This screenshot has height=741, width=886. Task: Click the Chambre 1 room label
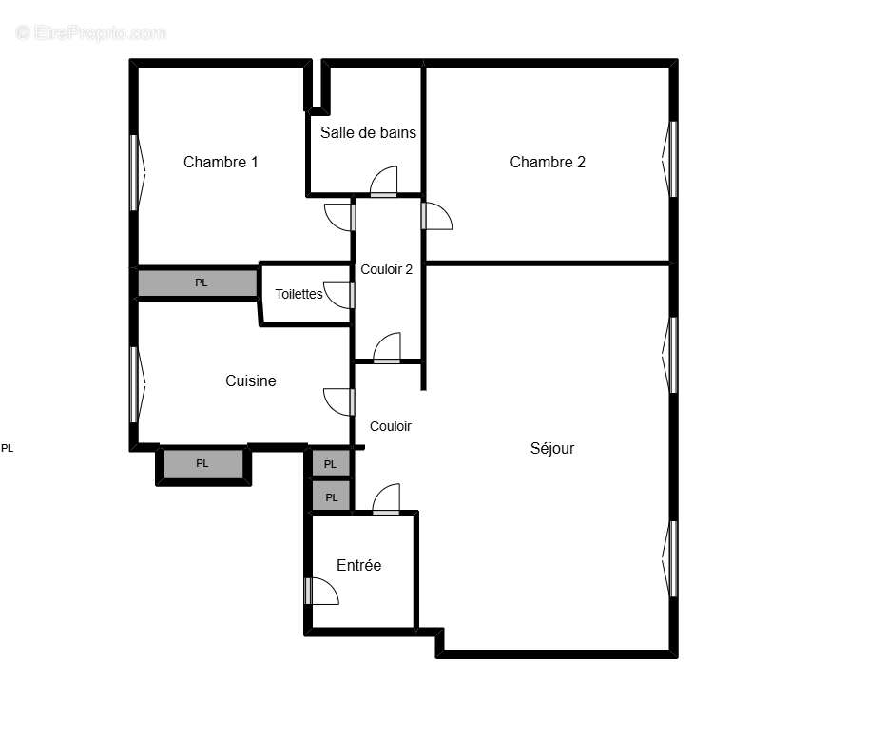[x=221, y=162]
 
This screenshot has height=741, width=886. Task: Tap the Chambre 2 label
[x=548, y=162]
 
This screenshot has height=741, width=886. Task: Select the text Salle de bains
[x=368, y=132]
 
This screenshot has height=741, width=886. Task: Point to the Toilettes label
[x=299, y=294]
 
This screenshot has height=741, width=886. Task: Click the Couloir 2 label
[x=386, y=269]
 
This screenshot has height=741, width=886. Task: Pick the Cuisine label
[x=251, y=380]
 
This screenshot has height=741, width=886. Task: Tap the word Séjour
[x=552, y=448]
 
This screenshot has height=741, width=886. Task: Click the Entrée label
[x=359, y=565]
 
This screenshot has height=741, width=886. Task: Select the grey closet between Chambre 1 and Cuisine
[x=199, y=283]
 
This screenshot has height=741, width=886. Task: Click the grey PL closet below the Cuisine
[x=202, y=464]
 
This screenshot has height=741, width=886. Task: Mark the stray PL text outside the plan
[x=8, y=448]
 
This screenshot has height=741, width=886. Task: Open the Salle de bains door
[x=384, y=182]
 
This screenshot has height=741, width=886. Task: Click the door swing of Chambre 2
[x=436, y=217]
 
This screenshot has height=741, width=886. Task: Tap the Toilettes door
[x=338, y=294]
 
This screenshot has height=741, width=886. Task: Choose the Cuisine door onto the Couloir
[x=338, y=401]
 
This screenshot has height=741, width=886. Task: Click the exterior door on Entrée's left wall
[x=321, y=592]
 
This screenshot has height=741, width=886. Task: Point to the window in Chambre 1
[x=135, y=172]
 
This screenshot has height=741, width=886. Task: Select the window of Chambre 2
[x=673, y=159]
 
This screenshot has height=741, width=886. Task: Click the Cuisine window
[x=135, y=384]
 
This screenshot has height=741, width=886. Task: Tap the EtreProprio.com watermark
[x=90, y=33]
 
